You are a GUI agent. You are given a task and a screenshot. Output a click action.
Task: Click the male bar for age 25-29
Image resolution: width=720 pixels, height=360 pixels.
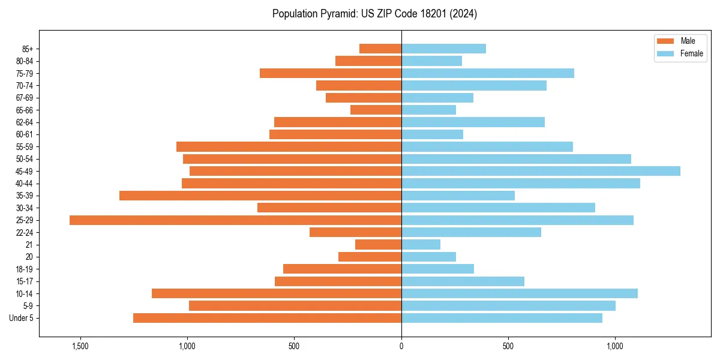pyautogui.click(x=235, y=220)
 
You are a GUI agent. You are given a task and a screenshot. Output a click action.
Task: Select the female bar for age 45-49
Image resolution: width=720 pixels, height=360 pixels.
pyautogui.click(x=541, y=171)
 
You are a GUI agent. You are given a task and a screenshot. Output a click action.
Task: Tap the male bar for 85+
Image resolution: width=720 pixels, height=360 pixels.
pyautogui.click(x=380, y=49)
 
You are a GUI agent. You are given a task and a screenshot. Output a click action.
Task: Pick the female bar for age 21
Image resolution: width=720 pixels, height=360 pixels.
pyautogui.click(x=421, y=245)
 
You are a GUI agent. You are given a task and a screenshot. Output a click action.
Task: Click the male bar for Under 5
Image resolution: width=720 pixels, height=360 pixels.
pyautogui.click(x=267, y=318)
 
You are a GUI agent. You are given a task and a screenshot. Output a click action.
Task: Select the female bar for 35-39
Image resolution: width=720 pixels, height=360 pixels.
pyautogui.click(x=458, y=196)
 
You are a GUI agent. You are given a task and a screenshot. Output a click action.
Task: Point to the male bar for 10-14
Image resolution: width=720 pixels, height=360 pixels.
pyautogui.click(x=277, y=293)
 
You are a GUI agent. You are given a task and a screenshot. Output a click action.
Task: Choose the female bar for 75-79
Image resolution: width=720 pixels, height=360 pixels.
pyautogui.click(x=488, y=73)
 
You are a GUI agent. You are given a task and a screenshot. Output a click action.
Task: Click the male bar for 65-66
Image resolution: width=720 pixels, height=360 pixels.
pyautogui.click(x=376, y=110)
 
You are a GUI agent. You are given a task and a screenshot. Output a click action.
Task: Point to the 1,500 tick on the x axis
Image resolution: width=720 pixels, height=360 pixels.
pyautogui.click(x=80, y=346)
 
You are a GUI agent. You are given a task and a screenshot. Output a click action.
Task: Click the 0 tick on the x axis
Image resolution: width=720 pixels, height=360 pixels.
pyautogui.click(x=401, y=346)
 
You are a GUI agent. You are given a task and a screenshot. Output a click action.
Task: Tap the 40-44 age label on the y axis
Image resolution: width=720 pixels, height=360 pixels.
pyautogui.click(x=25, y=184)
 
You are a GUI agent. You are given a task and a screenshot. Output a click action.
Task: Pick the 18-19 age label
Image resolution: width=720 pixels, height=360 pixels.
pyautogui.click(x=25, y=269)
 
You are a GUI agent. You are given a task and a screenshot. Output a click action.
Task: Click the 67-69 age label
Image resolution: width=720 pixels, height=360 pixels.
pyautogui.click(x=25, y=98)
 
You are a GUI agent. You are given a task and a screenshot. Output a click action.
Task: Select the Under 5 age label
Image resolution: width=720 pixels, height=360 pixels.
pyautogui.click(x=22, y=318)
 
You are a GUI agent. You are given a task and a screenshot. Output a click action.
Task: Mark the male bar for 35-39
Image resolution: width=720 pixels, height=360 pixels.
pyautogui.click(x=260, y=196)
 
